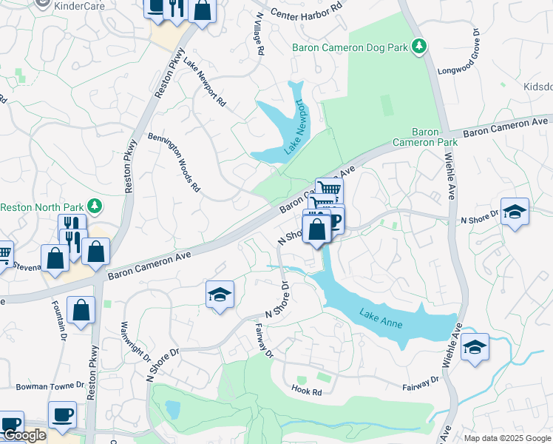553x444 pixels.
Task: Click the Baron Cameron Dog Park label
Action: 350,47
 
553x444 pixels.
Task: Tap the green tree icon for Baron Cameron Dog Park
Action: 420,47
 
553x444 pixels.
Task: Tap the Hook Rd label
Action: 306,390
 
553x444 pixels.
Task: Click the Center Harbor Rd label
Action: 307,10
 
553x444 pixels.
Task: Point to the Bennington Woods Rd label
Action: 174,163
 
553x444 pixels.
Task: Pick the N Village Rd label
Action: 258,34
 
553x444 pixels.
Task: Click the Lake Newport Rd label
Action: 204,83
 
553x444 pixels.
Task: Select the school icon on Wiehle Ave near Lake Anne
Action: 475,346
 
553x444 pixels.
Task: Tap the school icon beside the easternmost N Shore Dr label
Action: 515,212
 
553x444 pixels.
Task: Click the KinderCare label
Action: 80,5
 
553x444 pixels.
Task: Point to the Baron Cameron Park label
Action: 425,136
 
